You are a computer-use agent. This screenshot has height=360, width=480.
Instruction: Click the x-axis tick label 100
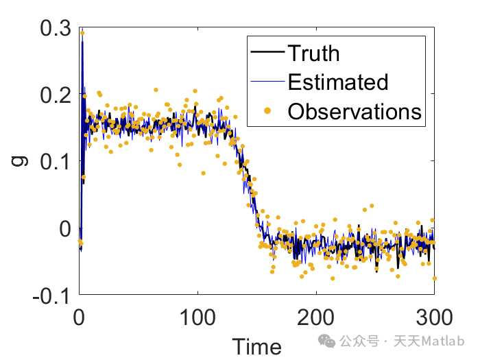tap(197, 317)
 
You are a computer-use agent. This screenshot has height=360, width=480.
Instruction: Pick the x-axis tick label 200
tap(315, 317)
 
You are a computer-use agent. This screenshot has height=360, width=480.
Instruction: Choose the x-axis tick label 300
tap(433, 317)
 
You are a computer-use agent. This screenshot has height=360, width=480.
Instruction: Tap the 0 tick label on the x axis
tap(80, 317)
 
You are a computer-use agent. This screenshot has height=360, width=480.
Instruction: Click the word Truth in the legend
tap(313, 53)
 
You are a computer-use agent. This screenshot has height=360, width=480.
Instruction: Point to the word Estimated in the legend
tap(338, 82)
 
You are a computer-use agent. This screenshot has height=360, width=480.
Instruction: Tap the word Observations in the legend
tap(355, 110)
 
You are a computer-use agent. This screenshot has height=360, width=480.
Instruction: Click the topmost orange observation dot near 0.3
tap(82, 32)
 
